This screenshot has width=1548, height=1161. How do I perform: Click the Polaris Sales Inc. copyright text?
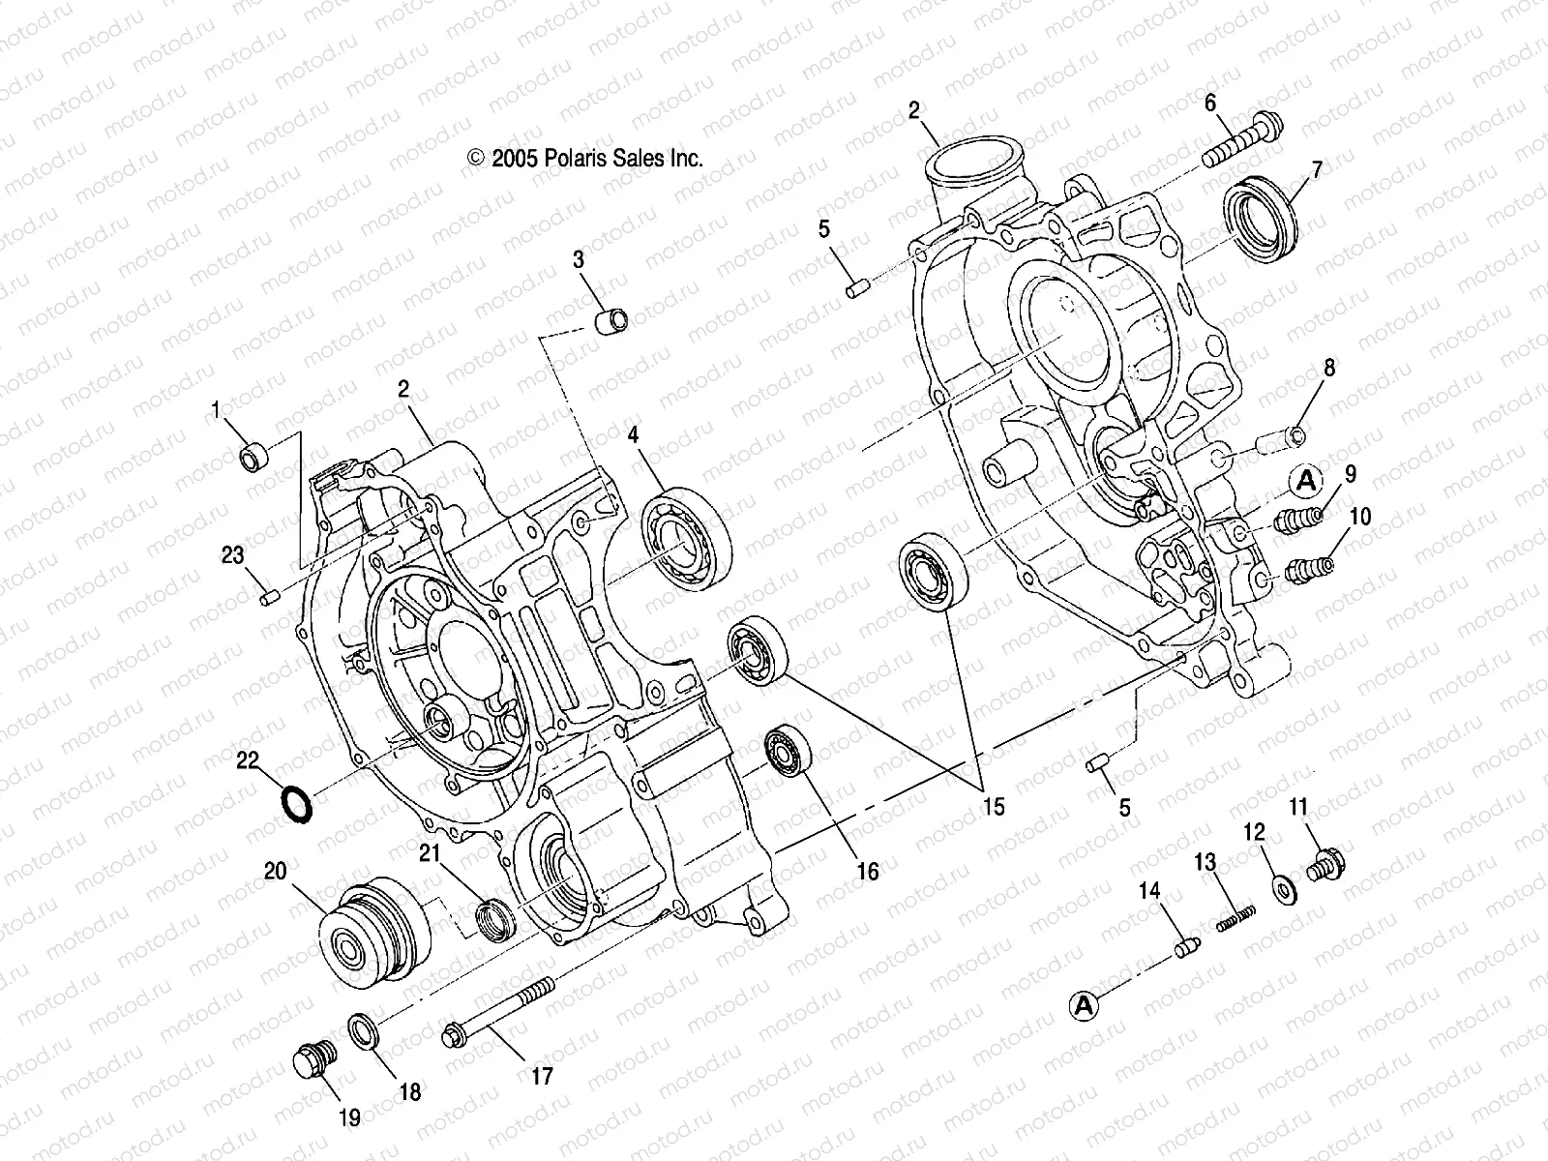click(585, 159)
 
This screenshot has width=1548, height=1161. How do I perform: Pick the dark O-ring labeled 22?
click(295, 804)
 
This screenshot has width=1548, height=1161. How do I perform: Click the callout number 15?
click(994, 806)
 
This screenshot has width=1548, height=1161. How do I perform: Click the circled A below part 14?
click(1084, 1006)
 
